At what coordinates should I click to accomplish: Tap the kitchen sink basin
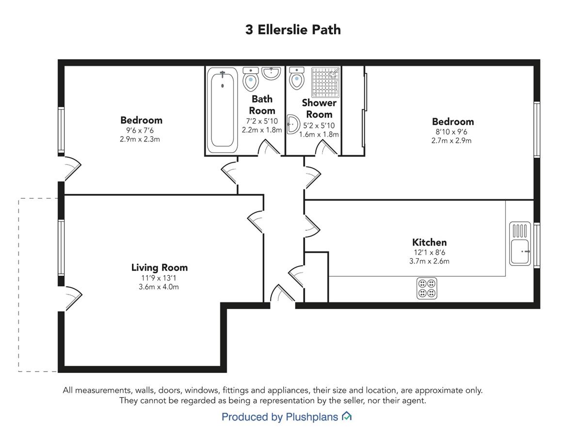click(x=520, y=252)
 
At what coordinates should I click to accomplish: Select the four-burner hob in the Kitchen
click(x=427, y=288)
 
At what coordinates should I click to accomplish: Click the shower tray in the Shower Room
click(x=325, y=82)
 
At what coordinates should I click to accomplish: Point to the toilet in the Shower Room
click(x=297, y=78)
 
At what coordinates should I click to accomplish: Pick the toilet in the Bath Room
click(x=251, y=78)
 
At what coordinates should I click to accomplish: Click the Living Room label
click(x=160, y=267)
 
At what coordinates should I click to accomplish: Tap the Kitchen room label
click(x=430, y=242)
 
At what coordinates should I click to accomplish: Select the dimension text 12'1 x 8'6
click(x=430, y=252)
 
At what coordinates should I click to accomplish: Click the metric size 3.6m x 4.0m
click(x=159, y=287)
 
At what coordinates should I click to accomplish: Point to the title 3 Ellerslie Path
click(x=293, y=30)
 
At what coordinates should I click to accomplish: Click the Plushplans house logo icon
click(x=347, y=416)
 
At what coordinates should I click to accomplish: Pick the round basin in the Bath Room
click(x=271, y=73)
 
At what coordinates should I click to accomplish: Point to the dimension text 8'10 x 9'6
click(x=451, y=132)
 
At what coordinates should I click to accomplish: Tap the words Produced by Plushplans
click(x=280, y=417)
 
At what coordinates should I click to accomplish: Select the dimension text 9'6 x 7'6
click(x=140, y=130)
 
